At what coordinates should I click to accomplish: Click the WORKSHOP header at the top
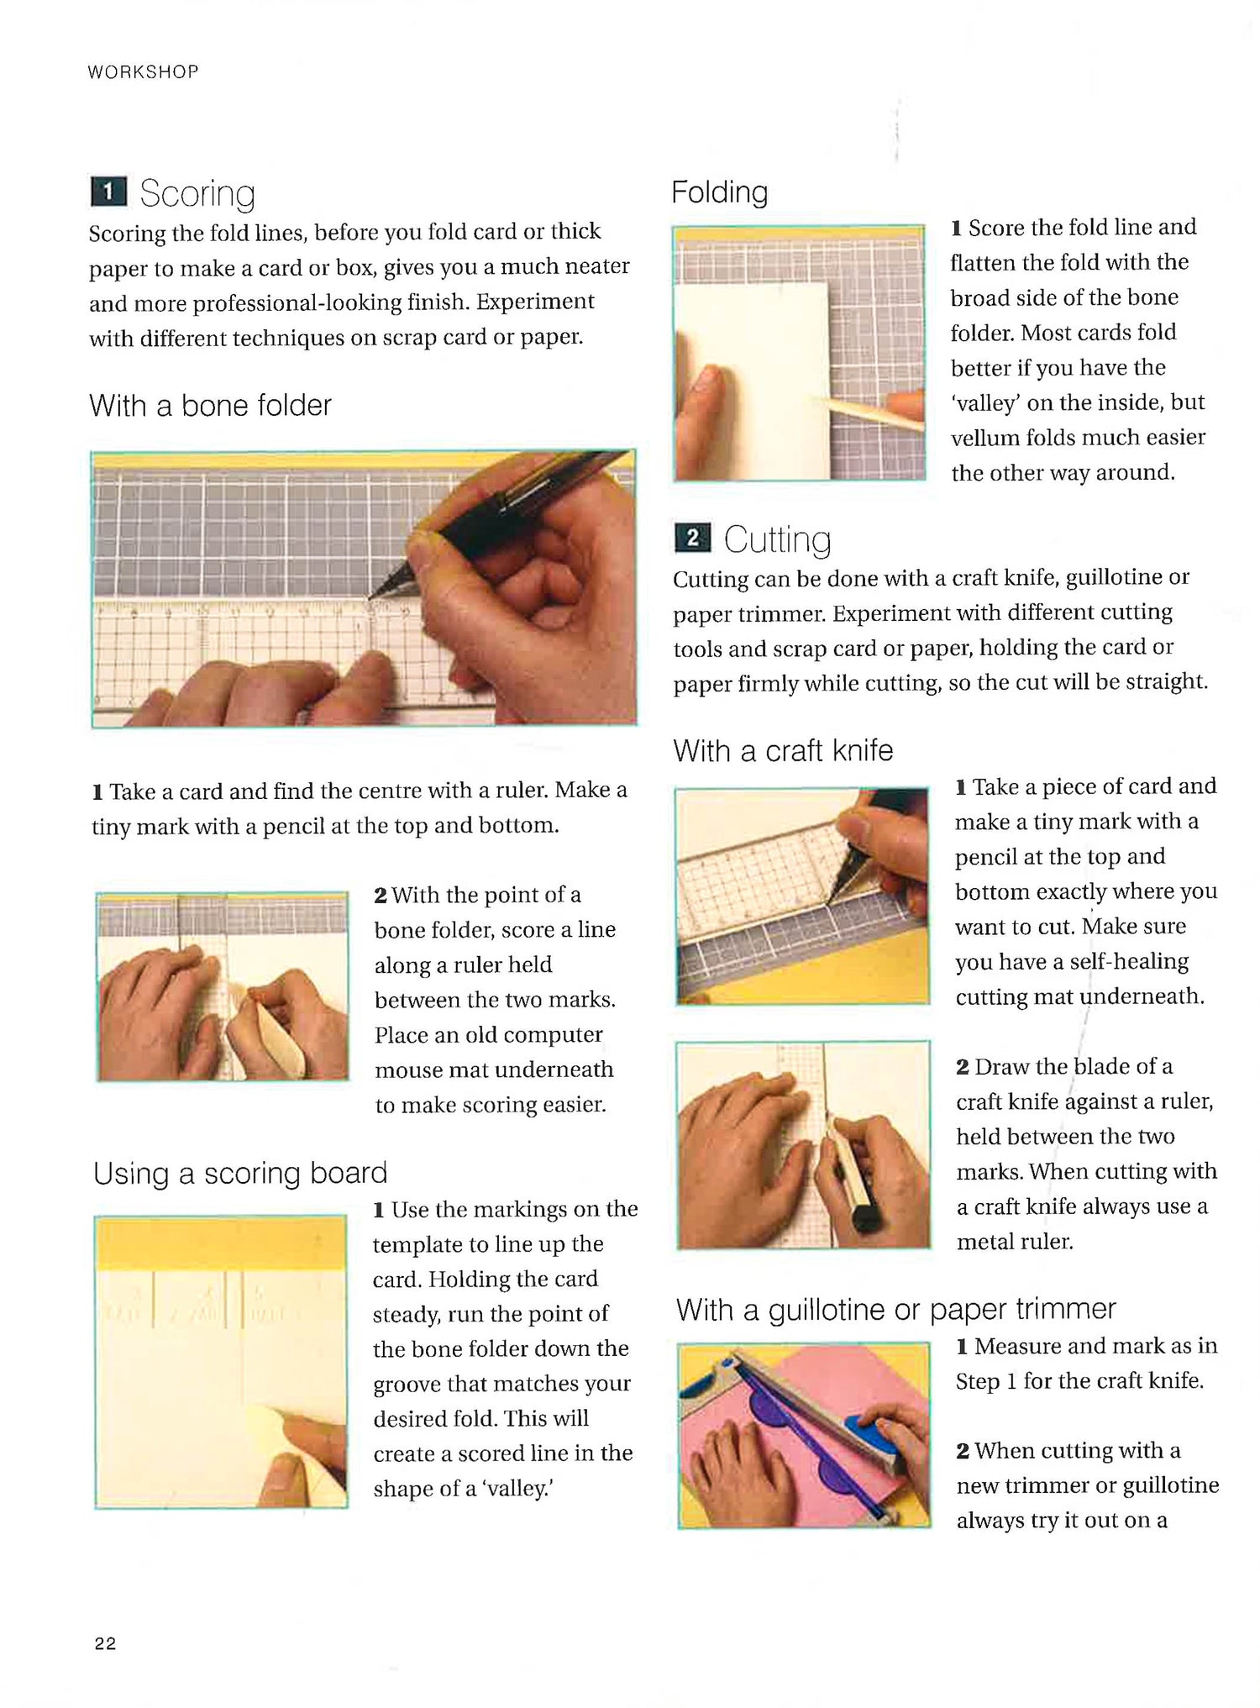click(143, 72)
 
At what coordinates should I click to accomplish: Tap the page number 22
click(106, 1644)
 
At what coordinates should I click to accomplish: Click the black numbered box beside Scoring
click(108, 192)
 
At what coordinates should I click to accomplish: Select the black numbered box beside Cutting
click(692, 539)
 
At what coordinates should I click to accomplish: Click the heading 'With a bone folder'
click(210, 406)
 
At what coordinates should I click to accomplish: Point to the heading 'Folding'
click(719, 192)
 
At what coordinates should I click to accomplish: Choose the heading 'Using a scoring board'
click(240, 1173)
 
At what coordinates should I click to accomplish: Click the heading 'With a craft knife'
click(783, 750)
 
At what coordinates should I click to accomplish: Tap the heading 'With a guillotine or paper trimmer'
click(895, 1309)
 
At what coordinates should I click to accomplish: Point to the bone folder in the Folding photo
click(865, 412)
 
